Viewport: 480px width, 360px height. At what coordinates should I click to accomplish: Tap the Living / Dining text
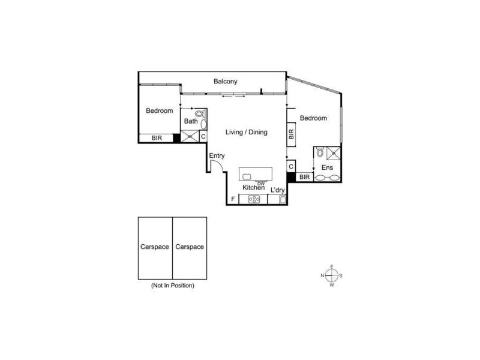tap(246, 132)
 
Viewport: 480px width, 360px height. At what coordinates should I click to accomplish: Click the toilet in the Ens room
tap(320, 152)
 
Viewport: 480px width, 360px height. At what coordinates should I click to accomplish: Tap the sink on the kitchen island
tap(246, 176)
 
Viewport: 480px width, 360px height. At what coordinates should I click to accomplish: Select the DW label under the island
tap(261, 184)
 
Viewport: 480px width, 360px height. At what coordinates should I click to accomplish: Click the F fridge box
tap(233, 199)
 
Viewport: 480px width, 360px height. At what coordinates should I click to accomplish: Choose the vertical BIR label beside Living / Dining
tap(291, 134)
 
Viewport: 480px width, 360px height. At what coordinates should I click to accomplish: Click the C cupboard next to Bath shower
tap(203, 137)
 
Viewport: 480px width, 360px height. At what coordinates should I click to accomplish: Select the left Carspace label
tap(155, 247)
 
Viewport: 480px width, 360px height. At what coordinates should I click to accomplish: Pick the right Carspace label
tap(190, 247)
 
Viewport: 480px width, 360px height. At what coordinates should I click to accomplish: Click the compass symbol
tap(331, 275)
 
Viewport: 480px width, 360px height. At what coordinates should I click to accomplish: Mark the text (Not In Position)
tap(172, 286)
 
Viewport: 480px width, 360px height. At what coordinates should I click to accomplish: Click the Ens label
tap(327, 167)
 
